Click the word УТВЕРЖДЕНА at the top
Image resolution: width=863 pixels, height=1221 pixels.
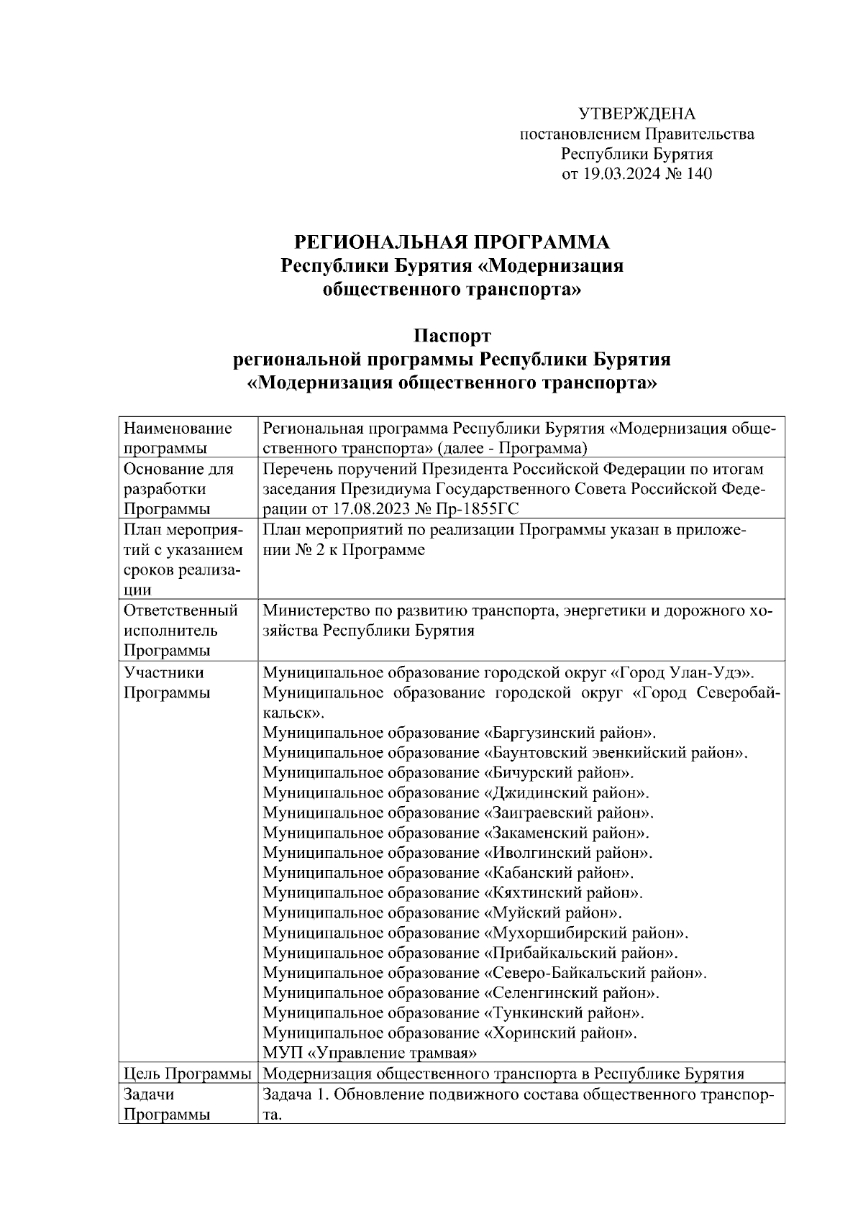point(637,114)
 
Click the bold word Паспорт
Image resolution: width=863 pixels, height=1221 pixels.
point(452,336)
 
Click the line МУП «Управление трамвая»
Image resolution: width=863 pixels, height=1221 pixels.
point(370,1054)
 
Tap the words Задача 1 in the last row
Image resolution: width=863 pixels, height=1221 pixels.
point(295,1094)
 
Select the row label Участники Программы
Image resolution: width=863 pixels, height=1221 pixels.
point(167,683)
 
